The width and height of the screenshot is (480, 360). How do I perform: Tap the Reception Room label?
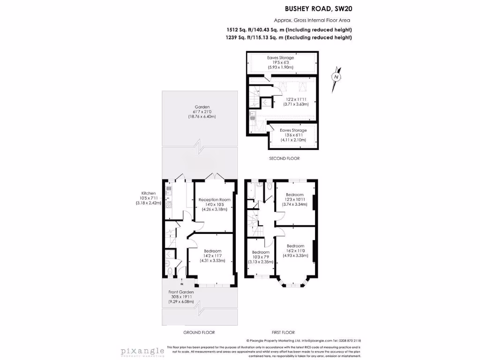214,200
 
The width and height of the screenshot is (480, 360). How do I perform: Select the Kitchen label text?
149,193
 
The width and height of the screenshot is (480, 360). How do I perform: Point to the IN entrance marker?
182,284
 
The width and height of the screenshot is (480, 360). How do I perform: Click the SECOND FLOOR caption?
284,158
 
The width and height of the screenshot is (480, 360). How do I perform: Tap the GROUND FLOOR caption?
199,332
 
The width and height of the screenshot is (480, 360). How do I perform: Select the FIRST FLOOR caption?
283,332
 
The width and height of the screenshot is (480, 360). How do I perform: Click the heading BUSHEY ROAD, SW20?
319,8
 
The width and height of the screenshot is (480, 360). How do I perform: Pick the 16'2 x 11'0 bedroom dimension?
295,251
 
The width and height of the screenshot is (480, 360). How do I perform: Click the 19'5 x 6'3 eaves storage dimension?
281,62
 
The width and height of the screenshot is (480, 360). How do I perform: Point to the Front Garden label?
181,292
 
